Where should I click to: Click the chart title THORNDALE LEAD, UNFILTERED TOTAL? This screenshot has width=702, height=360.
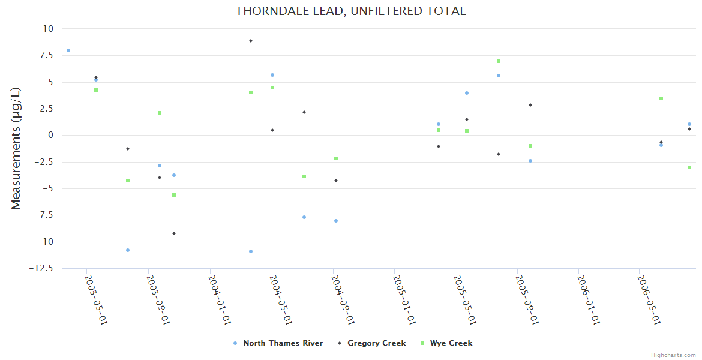point(350,11)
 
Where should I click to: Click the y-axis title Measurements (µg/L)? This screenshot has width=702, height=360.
point(16,148)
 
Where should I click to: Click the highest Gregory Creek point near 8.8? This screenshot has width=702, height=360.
point(251,41)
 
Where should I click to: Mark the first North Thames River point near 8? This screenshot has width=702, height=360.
point(68,50)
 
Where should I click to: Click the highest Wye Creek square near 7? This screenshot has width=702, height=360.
point(499,61)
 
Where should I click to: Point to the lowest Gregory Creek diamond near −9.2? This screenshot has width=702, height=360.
point(174,233)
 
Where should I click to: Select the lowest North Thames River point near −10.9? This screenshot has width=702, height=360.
point(251,251)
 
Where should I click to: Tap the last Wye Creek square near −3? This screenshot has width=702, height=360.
point(689,167)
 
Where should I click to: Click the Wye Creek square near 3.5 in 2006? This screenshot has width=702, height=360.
point(661,98)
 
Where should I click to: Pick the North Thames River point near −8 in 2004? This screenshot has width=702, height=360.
point(336,221)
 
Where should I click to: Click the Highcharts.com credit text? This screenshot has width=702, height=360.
point(674,355)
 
